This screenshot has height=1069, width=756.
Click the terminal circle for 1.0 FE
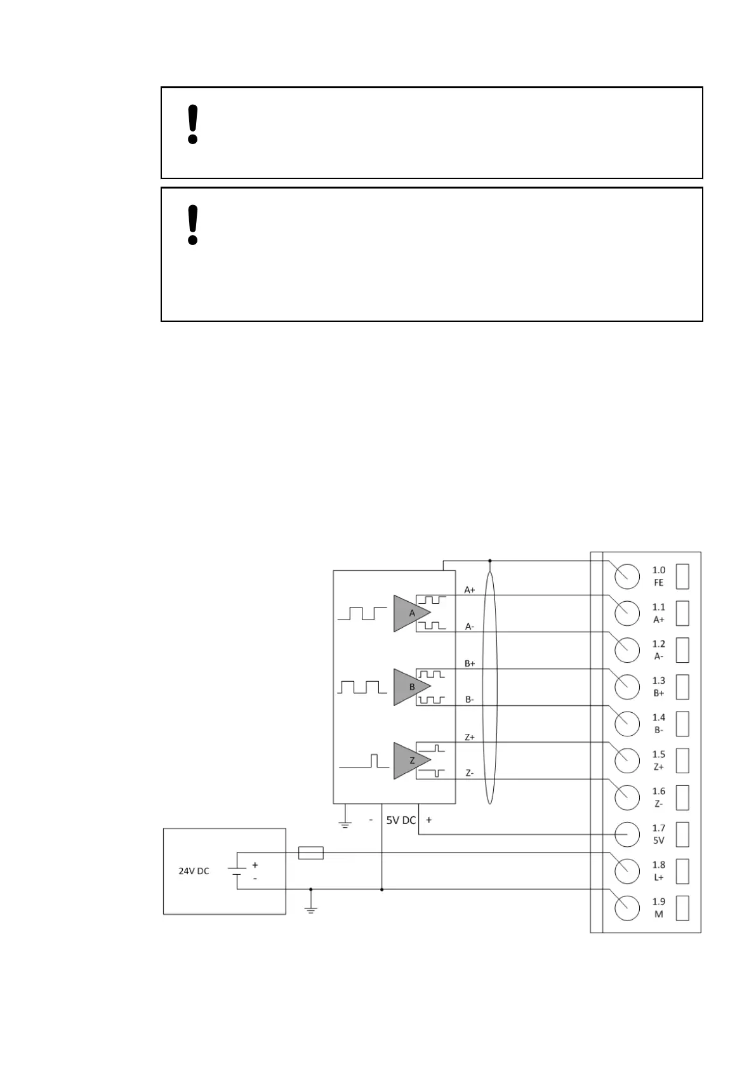(x=627, y=576)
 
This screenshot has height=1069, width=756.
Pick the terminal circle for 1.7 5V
(x=627, y=833)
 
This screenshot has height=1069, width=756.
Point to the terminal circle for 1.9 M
(x=627, y=908)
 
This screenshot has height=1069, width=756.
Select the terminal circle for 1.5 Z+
(x=627, y=760)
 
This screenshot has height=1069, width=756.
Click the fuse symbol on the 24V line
(x=310, y=853)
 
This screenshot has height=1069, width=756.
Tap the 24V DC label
(x=194, y=871)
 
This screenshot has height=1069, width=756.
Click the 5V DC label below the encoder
(x=401, y=820)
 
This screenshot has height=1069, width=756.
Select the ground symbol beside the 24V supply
(x=310, y=908)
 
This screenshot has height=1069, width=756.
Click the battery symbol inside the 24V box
(x=237, y=871)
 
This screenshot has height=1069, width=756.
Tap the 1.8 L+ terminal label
(x=658, y=870)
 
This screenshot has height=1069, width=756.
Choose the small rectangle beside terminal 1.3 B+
(x=682, y=686)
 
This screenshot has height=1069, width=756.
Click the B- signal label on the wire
(x=470, y=700)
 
